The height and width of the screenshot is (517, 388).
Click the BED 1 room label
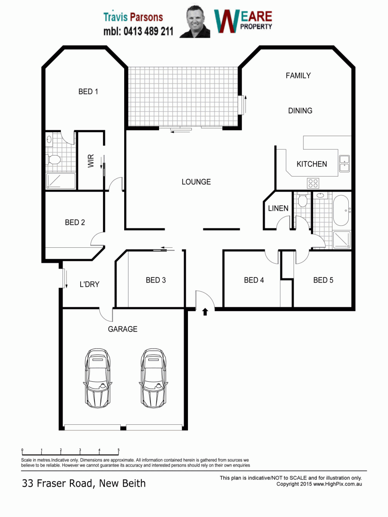click(88, 91)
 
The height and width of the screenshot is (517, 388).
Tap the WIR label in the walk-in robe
click(91, 161)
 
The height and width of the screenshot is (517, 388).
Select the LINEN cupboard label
click(278, 208)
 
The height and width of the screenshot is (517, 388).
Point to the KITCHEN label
click(312, 164)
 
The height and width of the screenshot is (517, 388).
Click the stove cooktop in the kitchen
click(313, 183)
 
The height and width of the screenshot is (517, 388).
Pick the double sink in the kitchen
click(344, 163)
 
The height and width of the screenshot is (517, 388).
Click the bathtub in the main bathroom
click(341, 210)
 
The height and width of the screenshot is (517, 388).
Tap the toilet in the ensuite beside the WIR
click(54, 159)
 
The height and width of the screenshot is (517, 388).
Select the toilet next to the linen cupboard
click(303, 199)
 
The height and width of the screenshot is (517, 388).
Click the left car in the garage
click(97, 378)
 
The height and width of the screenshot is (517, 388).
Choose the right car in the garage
click(153, 378)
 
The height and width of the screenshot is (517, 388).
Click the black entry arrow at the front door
click(205, 311)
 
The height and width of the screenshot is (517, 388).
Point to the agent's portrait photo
click(195, 21)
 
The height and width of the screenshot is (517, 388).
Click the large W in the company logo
click(227, 21)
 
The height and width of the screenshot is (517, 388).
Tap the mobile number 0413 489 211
click(148, 31)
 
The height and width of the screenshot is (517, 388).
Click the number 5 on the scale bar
click(119, 450)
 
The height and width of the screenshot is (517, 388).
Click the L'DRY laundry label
click(90, 284)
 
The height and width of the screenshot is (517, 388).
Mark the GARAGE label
click(122, 329)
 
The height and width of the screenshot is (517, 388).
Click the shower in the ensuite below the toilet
click(60, 181)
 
